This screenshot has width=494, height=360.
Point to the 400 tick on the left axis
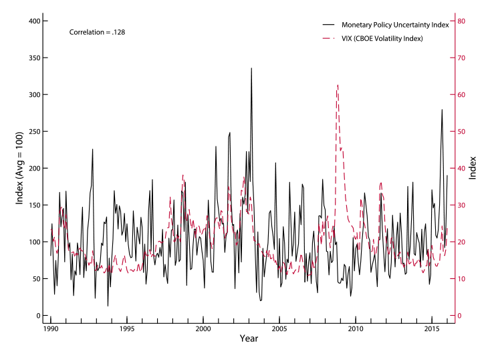point(33,21)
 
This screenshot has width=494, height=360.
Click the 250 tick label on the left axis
point(33,132)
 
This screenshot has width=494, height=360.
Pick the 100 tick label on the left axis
point(33,242)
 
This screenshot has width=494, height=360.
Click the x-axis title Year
point(248,339)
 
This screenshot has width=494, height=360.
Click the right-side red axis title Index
point(473,168)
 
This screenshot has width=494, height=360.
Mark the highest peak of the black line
point(251,68)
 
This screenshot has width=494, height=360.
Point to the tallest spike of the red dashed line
point(338,85)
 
